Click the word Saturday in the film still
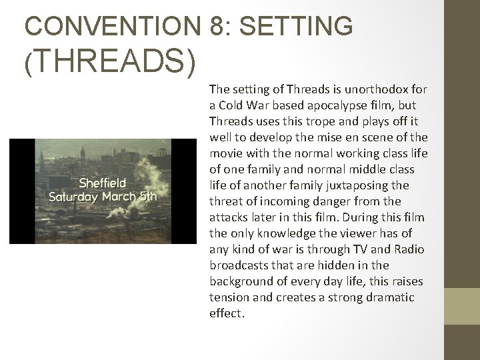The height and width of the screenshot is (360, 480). click(x=77, y=197)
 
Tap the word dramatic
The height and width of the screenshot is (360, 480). click(x=390, y=297)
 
